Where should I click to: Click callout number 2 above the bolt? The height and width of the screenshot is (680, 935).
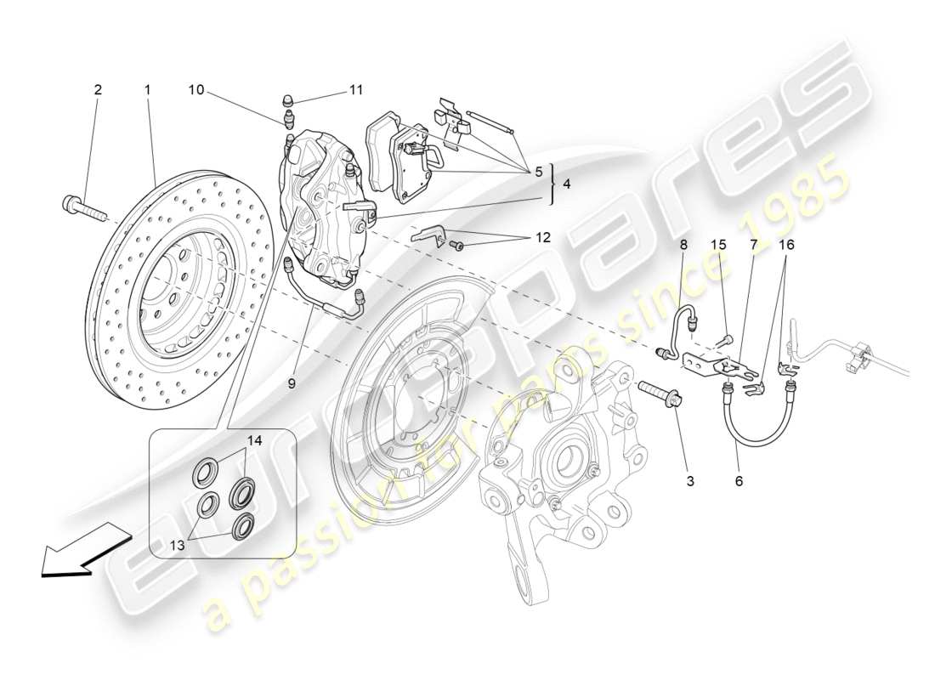(98, 89)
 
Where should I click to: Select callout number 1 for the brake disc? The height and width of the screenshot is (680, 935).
(147, 89)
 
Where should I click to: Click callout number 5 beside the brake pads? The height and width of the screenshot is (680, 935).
(537, 172)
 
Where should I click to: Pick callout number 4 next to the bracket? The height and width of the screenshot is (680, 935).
(567, 184)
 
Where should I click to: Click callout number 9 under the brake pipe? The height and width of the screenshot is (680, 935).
(291, 384)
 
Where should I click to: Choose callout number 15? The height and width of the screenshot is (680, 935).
(718, 245)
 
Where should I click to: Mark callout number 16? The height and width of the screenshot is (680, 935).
(787, 245)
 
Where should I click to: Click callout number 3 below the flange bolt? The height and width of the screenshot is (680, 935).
(689, 481)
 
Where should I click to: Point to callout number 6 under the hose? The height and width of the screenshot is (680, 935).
(738, 481)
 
